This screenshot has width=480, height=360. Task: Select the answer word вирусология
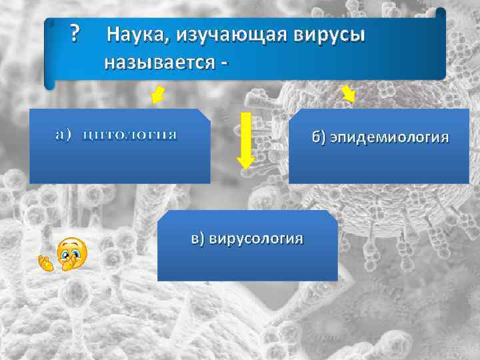[257, 238]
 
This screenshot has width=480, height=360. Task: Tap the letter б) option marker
[319, 138]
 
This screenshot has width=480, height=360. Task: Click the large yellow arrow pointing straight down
[245, 140]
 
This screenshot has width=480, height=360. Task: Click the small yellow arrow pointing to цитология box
[158, 95]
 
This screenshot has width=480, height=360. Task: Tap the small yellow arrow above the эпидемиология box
[347, 94]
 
